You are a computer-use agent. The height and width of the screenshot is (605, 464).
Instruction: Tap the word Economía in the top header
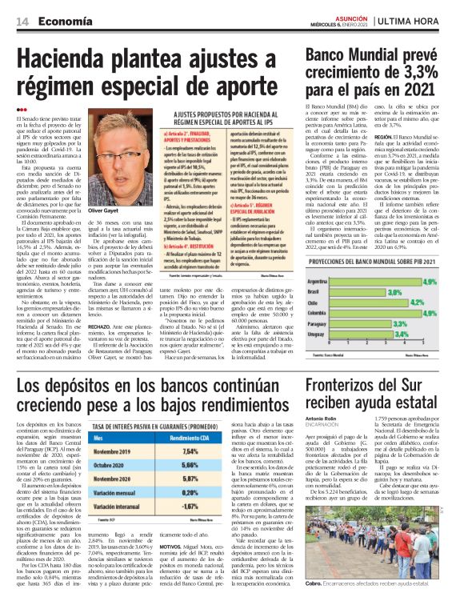(x=65, y=22)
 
